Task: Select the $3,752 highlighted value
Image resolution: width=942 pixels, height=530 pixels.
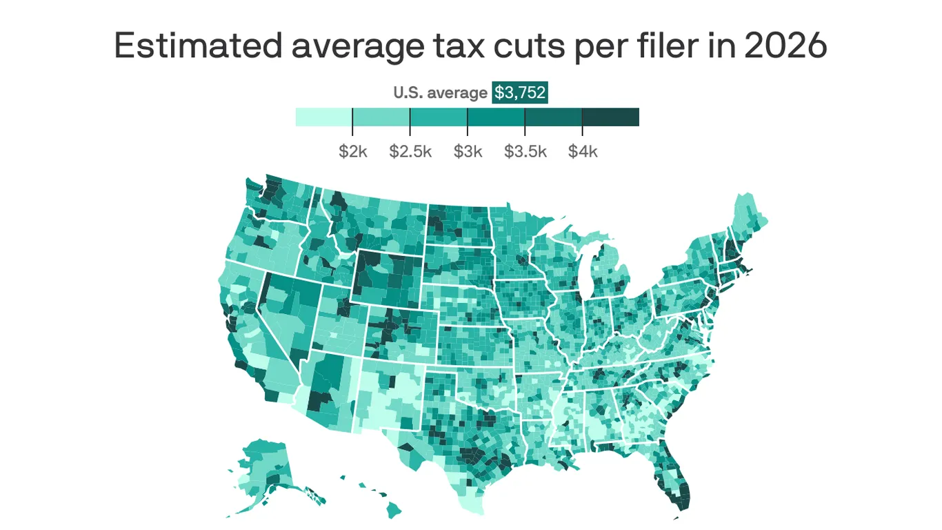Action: pyautogui.click(x=519, y=92)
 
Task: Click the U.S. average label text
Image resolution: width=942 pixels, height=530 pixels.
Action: pyautogui.click(x=440, y=92)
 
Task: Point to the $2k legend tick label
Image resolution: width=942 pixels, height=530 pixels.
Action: pyautogui.click(x=352, y=151)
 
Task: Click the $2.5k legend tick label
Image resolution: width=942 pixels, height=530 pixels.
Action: pyautogui.click(x=410, y=151)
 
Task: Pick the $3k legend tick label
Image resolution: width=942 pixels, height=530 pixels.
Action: pyautogui.click(x=468, y=151)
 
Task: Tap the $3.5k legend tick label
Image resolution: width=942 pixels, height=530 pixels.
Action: pyautogui.click(x=525, y=151)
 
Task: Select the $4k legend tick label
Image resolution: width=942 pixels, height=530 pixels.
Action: pyautogui.click(x=583, y=151)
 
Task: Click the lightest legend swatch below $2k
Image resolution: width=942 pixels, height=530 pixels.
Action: pyautogui.click(x=323, y=117)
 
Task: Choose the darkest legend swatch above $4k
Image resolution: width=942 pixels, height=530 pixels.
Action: pyautogui.click(x=610, y=117)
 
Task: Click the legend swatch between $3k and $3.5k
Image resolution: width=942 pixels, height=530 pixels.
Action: pyautogui.click(x=496, y=117)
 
